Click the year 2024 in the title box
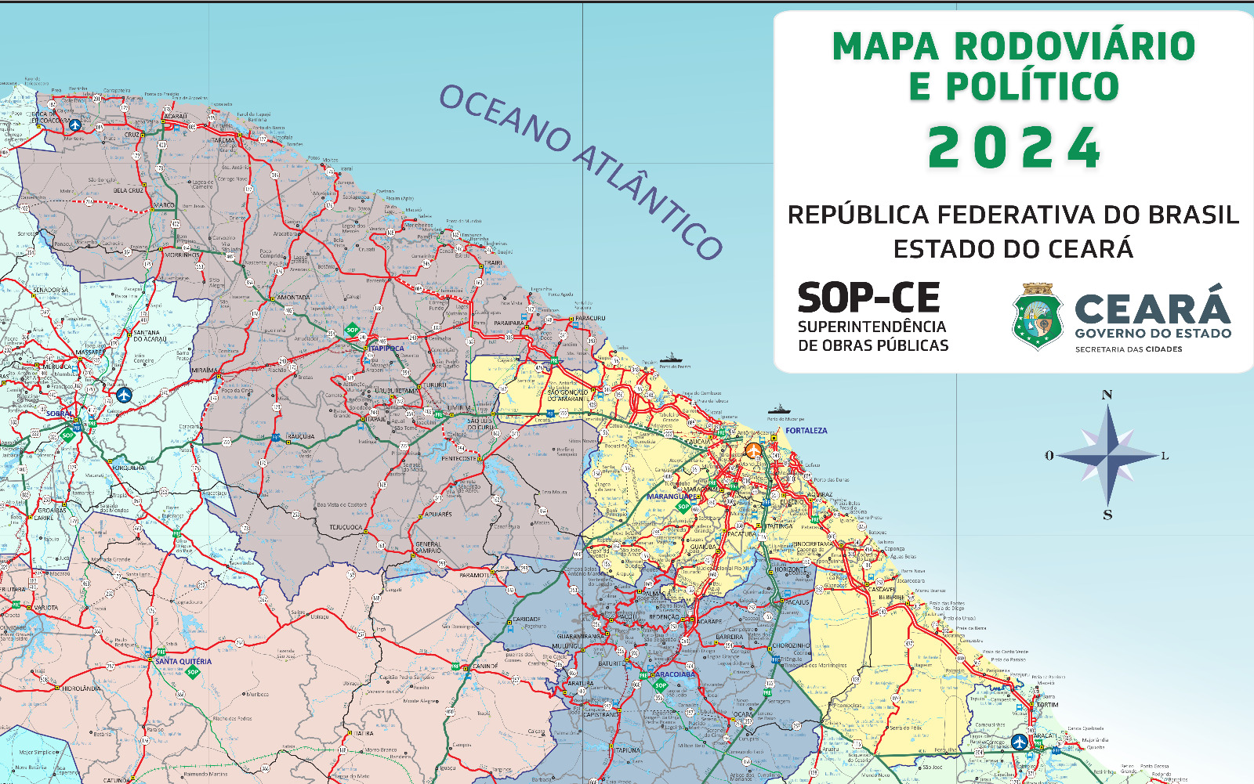coord(1014,147)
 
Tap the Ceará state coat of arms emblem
coord(1037,316)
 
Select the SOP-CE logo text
coord(868,298)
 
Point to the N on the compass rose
coord(1107,395)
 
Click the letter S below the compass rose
coord(1107,515)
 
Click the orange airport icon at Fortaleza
coord(752,450)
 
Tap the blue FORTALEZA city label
coord(806,431)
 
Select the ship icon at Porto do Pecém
coord(671,357)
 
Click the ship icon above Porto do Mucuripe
coord(779,409)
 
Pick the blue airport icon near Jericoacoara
coord(75,125)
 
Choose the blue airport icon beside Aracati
coord(1019,741)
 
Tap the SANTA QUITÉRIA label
coord(183,661)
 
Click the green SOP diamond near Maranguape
coord(683,508)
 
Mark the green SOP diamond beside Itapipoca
coord(353,330)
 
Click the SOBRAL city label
coord(59,414)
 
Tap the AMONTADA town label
coord(294,298)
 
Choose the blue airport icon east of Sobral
coord(124,394)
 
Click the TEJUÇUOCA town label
coord(345,527)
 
